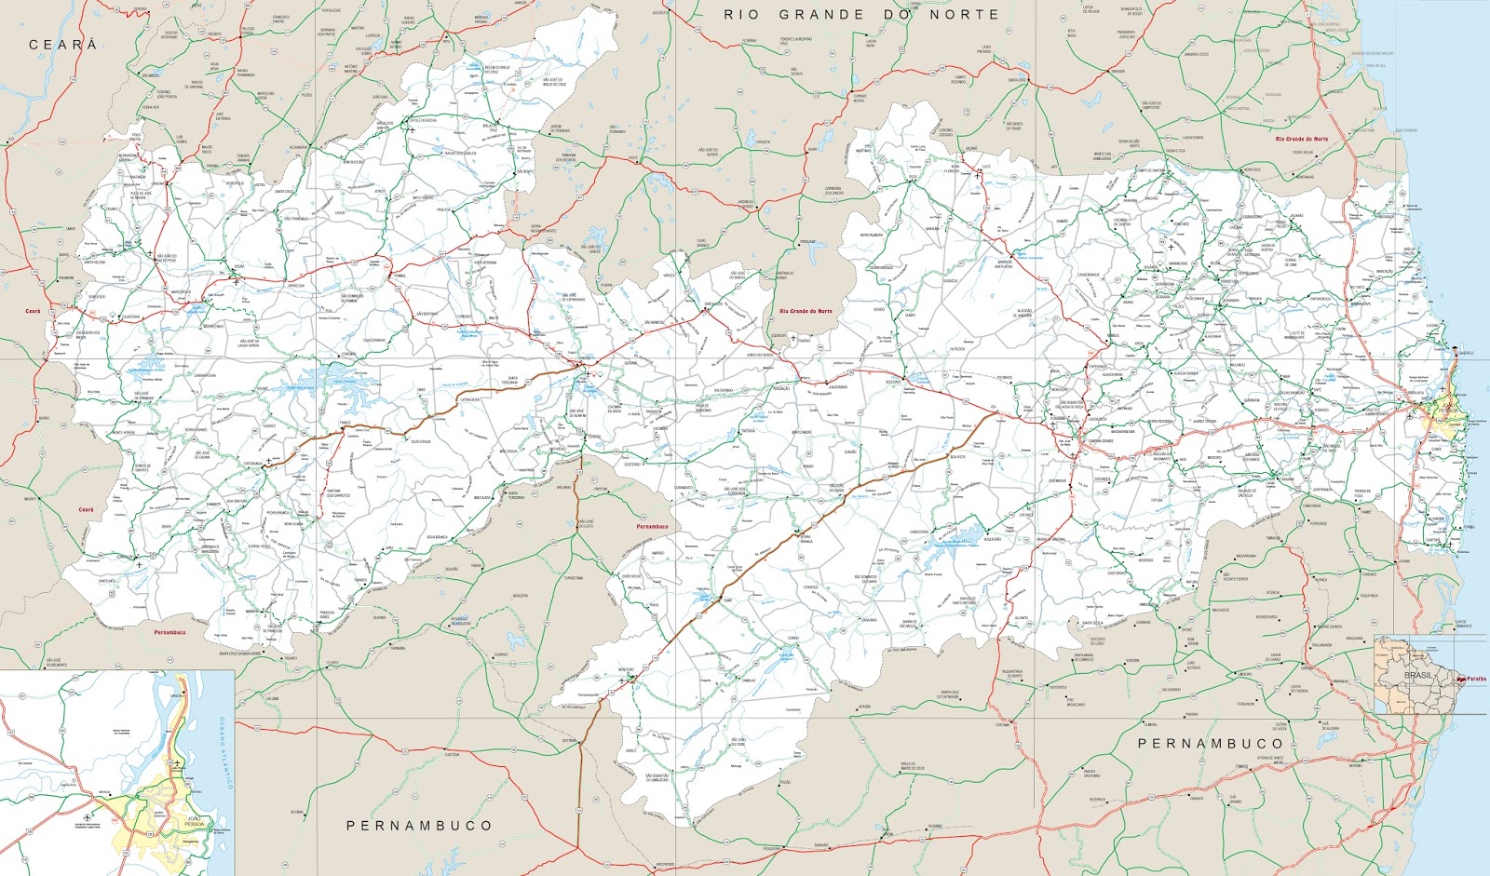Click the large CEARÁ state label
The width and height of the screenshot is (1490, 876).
click(62, 45)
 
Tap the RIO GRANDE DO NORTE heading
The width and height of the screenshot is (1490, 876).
click(860, 15)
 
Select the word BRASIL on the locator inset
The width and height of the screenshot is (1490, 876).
click(1418, 675)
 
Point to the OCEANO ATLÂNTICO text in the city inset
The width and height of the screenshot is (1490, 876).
click(223, 754)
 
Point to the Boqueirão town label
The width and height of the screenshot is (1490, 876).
click(993, 539)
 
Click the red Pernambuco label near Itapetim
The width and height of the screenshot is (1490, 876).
click(652, 526)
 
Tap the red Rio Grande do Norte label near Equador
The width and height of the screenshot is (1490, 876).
click(806, 311)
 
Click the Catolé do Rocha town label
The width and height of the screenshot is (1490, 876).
click(423, 120)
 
